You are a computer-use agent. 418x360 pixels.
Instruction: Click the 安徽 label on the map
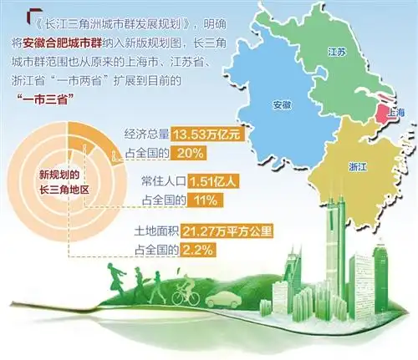tap(282, 106)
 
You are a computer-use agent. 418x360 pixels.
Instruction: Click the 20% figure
tap(191, 153)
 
